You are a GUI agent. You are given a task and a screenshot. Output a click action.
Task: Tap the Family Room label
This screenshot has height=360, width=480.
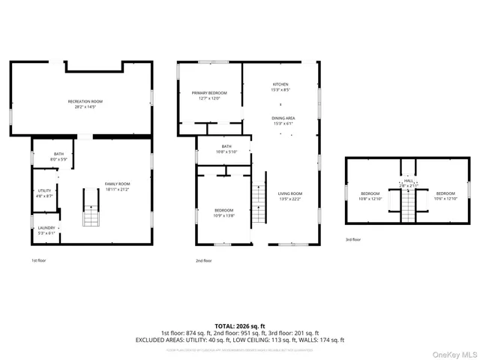click(117, 187)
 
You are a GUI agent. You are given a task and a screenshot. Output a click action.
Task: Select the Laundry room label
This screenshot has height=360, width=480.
click(46, 230)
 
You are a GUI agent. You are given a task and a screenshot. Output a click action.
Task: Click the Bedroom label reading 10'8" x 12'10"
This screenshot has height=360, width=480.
click(370, 196)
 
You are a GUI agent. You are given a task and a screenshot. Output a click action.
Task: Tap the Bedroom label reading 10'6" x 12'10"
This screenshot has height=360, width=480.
click(446, 196)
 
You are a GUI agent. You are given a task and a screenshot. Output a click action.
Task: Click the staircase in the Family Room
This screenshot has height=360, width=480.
click(91, 208)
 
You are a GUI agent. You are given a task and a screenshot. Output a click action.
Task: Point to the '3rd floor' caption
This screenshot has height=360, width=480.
click(353, 239)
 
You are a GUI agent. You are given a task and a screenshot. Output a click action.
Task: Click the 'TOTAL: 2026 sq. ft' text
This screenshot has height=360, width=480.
click(239, 326)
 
